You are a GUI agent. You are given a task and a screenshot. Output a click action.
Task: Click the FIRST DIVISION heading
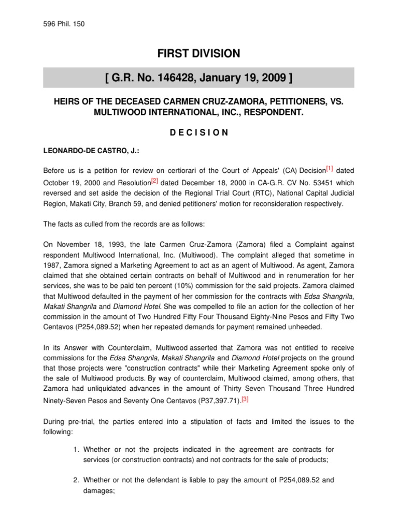pyautogui.click(x=198, y=53)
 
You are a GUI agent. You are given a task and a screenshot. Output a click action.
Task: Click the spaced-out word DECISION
pyautogui.click(x=198, y=132)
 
